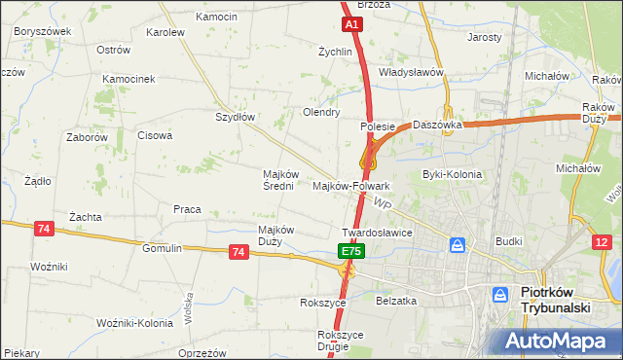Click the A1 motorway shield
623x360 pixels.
(x=351, y=24)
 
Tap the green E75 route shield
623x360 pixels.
(x=351, y=251)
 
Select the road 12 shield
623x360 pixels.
(x=605, y=241)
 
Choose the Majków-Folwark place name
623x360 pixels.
(x=351, y=185)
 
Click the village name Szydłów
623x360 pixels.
(x=235, y=117)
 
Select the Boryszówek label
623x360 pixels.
(x=42, y=31)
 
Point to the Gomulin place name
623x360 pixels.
(x=162, y=248)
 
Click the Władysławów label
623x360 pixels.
(x=411, y=73)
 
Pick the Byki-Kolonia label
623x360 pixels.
(x=452, y=175)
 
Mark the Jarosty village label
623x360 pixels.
(x=484, y=37)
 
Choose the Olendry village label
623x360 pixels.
(x=321, y=112)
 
